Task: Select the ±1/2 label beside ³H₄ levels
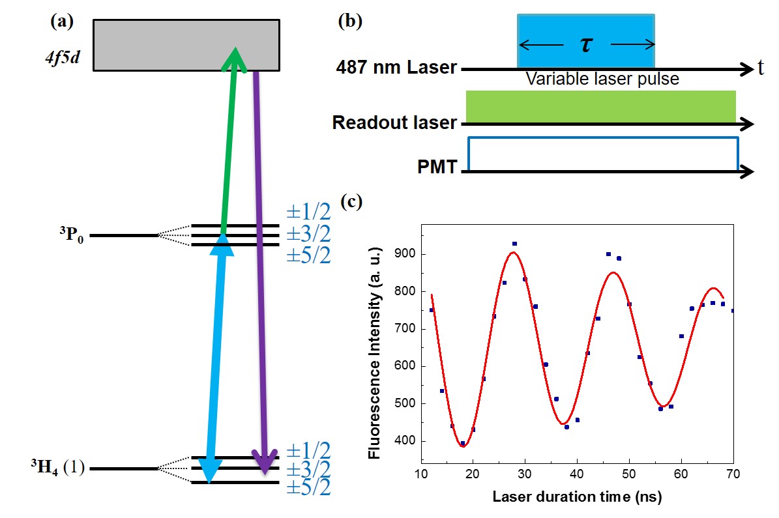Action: (x=308, y=450)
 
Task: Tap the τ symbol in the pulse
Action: (x=586, y=44)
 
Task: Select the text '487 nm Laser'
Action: (x=396, y=67)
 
